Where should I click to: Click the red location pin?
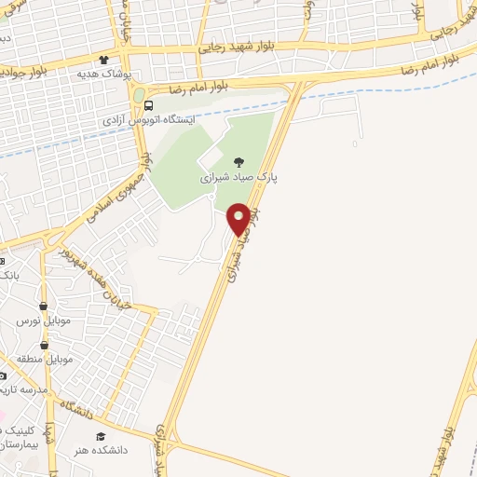[x=238, y=219]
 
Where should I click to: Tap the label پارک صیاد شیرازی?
[x=239, y=175]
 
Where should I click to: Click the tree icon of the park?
[x=238, y=162]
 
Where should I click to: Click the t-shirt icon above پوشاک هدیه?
[x=116, y=60]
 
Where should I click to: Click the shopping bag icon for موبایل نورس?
[x=43, y=307]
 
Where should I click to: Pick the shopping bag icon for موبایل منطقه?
[x=43, y=345]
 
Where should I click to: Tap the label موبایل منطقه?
[x=43, y=359]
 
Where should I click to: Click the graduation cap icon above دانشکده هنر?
[x=100, y=435]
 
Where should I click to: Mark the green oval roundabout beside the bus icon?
[x=139, y=95]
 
